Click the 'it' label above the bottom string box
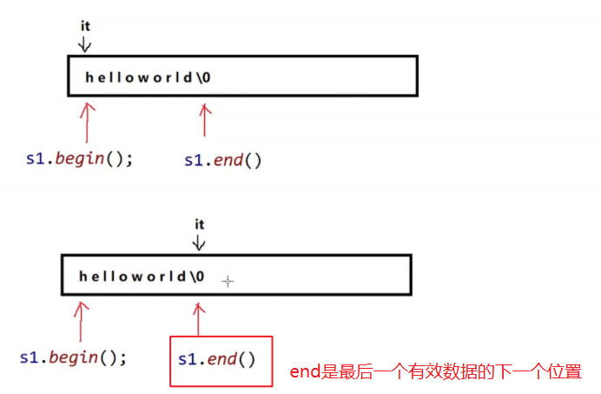pyautogui.click(x=199, y=224)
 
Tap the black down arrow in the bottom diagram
pyautogui.click(x=199, y=242)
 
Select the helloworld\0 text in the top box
pyautogui.click(x=148, y=77)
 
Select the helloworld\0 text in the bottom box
pyautogui.click(x=142, y=277)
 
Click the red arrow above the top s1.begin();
pyautogui.click(x=87, y=122)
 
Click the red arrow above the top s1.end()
pyautogui.click(x=205, y=120)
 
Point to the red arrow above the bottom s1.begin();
pyautogui.click(x=81, y=320)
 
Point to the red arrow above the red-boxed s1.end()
pyautogui.click(x=199, y=318)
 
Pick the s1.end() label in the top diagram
pyautogui.click(x=223, y=161)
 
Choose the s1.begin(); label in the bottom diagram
pyautogui.click(x=74, y=357)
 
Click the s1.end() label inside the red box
pyautogui.click(x=217, y=358)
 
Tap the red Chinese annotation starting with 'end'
pyautogui.click(x=435, y=372)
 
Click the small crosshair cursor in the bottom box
pyautogui.click(x=228, y=281)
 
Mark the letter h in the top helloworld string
pyautogui.click(x=89, y=77)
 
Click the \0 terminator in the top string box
pyautogui.click(x=205, y=77)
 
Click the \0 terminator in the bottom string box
pyautogui.click(x=199, y=277)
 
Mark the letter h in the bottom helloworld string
pyautogui.click(x=83, y=277)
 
